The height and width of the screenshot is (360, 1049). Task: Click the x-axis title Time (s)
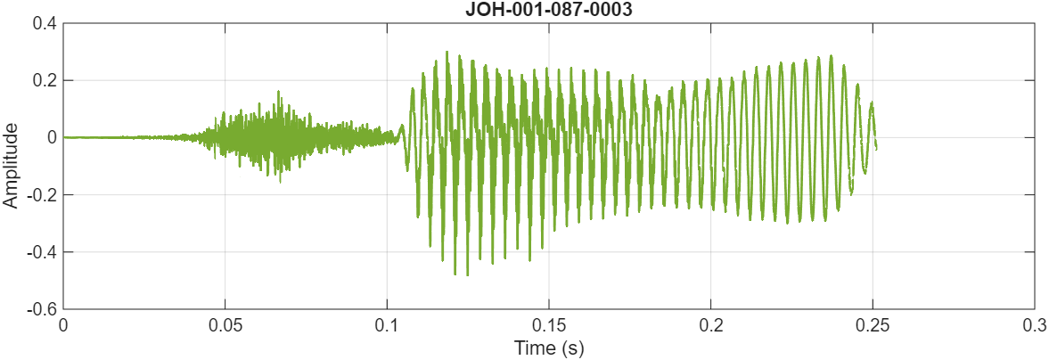548,348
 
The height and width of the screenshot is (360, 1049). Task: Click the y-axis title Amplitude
11,166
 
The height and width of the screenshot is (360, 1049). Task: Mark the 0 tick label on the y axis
52,137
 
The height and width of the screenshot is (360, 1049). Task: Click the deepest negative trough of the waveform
455,274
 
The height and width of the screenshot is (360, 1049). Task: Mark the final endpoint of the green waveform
876,148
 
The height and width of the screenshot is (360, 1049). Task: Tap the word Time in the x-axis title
532,348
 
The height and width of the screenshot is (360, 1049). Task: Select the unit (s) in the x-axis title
573,348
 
